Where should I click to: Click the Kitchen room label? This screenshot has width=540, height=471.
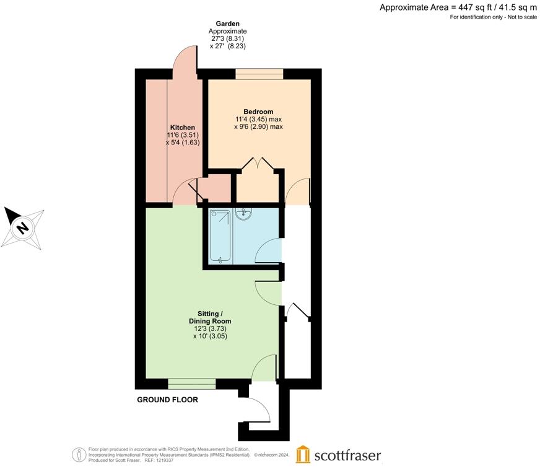(x=182, y=128)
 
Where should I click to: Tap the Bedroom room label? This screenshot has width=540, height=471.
(x=258, y=112)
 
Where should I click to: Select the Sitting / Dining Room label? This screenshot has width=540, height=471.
(x=210, y=317)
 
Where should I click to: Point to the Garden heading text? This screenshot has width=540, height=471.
(x=227, y=23)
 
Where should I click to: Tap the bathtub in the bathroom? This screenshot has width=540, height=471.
(x=220, y=236)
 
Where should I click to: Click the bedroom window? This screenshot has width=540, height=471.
(x=259, y=74)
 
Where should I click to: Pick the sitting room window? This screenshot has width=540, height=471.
(x=191, y=384)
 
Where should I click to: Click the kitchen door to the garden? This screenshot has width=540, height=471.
(x=184, y=62)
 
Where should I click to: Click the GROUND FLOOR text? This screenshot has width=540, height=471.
(x=167, y=400)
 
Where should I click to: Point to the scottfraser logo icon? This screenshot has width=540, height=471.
(x=303, y=454)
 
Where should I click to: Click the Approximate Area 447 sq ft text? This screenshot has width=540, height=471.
(x=458, y=7)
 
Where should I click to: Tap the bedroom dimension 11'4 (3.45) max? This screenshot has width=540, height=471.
(x=258, y=119)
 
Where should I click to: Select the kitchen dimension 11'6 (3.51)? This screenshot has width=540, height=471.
(x=182, y=135)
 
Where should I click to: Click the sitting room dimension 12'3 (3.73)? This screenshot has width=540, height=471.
(x=210, y=329)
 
